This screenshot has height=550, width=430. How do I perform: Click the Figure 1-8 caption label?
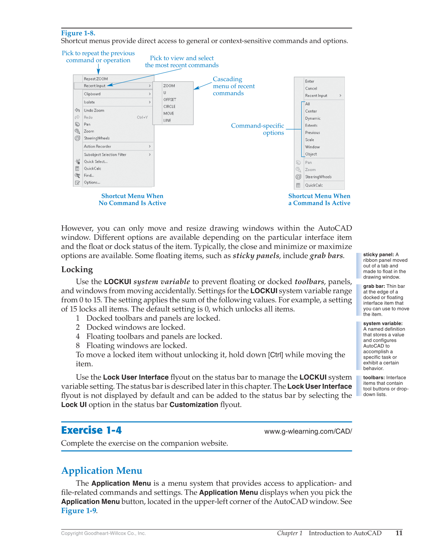(78, 33)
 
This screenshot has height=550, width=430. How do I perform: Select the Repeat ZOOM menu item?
(96, 79)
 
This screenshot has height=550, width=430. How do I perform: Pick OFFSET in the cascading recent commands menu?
(170, 100)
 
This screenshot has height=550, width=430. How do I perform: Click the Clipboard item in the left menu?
(92, 94)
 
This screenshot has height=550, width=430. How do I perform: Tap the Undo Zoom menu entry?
(94, 110)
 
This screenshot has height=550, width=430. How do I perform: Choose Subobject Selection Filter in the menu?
(105, 155)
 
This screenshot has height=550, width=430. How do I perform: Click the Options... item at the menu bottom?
(92, 183)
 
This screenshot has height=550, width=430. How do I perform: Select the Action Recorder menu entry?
(97, 147)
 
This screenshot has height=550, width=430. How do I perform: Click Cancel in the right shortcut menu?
(311, 89)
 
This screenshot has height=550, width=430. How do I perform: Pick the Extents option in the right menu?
(311, 126)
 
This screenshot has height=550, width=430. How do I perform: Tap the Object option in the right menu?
(311, 154)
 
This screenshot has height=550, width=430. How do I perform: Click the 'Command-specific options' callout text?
(257, 129)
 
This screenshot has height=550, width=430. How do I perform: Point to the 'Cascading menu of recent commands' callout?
(233, 86)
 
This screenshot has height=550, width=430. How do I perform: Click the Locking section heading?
(77, 270)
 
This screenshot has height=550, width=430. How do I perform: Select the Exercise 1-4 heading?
(92, 430)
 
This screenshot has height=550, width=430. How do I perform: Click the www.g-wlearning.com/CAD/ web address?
(308, 431)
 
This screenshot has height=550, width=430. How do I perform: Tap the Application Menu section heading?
(102, 471)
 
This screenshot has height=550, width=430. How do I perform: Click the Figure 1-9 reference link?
(78, 511)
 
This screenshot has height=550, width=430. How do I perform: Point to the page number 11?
(399, 533)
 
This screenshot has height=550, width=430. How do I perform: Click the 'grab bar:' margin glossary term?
(374, 286)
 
